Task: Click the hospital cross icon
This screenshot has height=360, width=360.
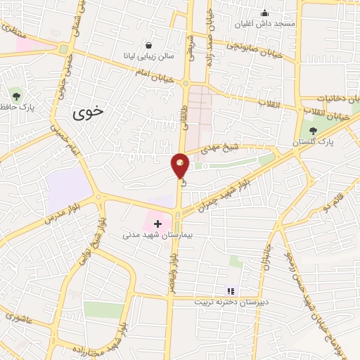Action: [157, 224]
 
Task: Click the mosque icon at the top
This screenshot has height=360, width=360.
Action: [264, 12]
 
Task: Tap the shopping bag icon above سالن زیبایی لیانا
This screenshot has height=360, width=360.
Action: [148, 44]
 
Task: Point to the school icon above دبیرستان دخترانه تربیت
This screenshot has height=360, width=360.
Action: [229, 290]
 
